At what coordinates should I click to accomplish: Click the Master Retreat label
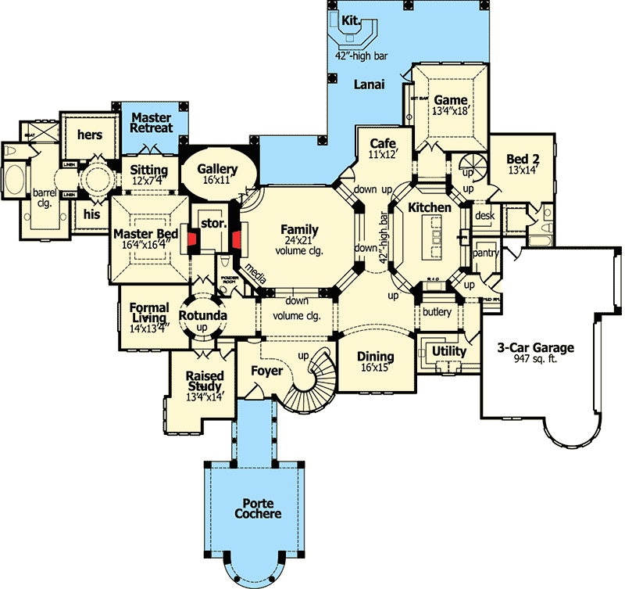pos(152,122)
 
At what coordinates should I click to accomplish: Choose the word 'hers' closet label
pos(89,135)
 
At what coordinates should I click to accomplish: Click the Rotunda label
pos(203,315)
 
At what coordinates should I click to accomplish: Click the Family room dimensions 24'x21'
pos(300,242)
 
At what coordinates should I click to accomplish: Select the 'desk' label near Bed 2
pos(485,217)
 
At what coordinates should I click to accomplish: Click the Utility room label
pos(449,351)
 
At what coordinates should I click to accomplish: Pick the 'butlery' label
pos(436,311)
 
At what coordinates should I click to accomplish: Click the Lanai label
pos(366,84)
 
